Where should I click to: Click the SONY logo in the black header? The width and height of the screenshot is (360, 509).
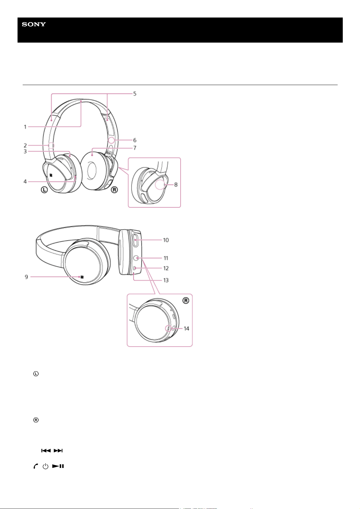[34, 24]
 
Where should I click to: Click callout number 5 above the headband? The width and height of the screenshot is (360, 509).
[135, 94]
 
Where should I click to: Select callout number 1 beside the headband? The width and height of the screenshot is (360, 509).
[25, 127]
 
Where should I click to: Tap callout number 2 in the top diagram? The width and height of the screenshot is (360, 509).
[25, 145]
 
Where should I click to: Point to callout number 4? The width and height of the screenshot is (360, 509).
[25, 181]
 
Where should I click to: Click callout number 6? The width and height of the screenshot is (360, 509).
[135, 140]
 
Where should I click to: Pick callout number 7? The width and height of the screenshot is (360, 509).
[135, 148]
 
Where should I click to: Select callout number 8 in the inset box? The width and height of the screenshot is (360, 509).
[176, 185]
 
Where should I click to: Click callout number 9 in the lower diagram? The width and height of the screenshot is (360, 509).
[27, 277]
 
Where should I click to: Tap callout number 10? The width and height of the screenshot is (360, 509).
[166, 240]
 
